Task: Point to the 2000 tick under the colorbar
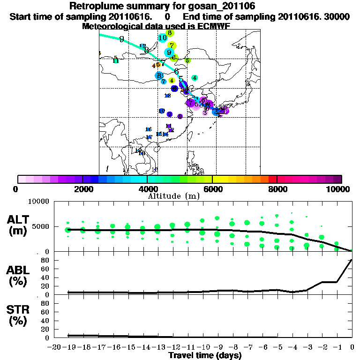coord(82,189)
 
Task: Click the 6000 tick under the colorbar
coord(212,189)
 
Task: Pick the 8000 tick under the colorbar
coord(277,189)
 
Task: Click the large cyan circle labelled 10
coord(163,38)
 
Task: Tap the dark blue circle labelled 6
coord(174,88)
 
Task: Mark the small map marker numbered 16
coord(148,129)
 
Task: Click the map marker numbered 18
coord(154,169)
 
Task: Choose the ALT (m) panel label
coord(20,224)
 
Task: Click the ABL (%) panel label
coord(20,277)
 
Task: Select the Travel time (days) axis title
coord(205,356)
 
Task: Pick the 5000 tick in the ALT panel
coord(41,226)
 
